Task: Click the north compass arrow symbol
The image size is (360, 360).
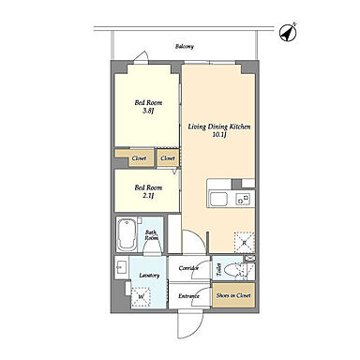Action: pyautogui.click(x=288, y=33)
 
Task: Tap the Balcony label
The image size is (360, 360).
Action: pyautogui.click(x=185, y=47)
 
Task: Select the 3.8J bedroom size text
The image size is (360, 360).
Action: pyautogui.click(x=148, y=111)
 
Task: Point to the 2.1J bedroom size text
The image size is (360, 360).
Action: pyautogui.click(x=148, y=196)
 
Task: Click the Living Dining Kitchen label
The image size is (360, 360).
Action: pyautogui.click(x=218, y=127)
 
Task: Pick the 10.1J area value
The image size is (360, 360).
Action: pyautogui.click(x=218, y=135)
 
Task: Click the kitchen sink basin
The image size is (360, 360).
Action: pyautogui.click(x=218, y=199)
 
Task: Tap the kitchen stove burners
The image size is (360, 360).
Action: pyautogui.click(x=243, y=199)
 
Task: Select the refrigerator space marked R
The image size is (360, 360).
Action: pyautogui.click(x=244, y=242)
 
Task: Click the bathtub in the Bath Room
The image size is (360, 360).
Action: pyautogui.click(x=127, y=234)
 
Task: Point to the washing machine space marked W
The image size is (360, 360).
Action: pyautogui.click(x=141, y=296)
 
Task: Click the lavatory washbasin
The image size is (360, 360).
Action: pyautogui.click(x=121, y=267)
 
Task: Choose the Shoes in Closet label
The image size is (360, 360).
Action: pyautogui.click(x=233, y=295)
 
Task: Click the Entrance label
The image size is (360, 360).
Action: pyautogui.click(x=188, y=296)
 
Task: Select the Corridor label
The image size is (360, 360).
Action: pyautogui.click(x=188, y=268)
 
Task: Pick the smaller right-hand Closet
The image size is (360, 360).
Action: pyautogui.click(x=168, y=158)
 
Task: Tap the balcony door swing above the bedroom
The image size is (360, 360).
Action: pyautogui.click(x=142, y=57)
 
